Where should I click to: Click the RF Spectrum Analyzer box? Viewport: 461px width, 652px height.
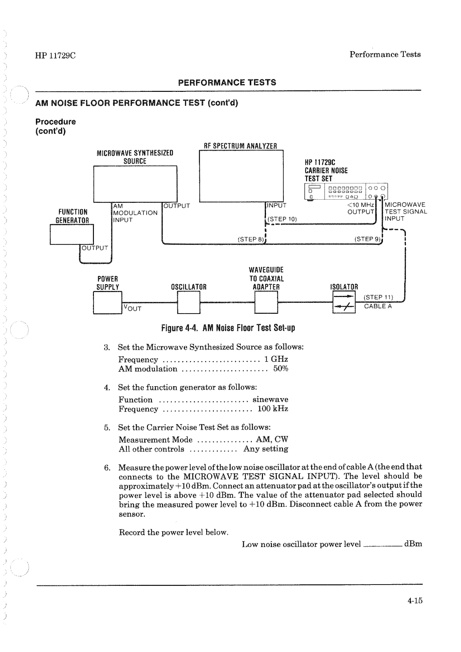tap(241, 175)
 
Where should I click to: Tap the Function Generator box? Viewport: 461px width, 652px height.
tap(71, 234)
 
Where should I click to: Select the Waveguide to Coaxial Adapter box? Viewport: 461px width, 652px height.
tap(266, 302)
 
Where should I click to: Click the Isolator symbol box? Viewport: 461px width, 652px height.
tap(344, 302)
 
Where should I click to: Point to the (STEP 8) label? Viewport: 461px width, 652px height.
tap(251, 239)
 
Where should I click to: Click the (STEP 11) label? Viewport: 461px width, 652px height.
tap(378, 297)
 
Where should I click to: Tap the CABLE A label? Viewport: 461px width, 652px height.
tap(377, 306)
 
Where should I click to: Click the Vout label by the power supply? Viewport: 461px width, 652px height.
tap(132, 308)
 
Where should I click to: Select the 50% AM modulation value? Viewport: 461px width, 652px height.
tap(281, 369)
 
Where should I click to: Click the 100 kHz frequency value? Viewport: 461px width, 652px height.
tap(273, 409)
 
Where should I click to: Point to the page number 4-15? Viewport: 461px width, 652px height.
tap(414, 600)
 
